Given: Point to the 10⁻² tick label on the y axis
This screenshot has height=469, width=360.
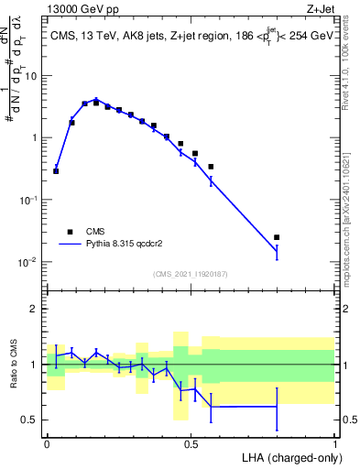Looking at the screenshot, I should pyautogui.click(x=28, y=262).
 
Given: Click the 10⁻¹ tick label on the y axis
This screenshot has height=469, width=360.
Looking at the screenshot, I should pyautogui.click(x=28, y=200).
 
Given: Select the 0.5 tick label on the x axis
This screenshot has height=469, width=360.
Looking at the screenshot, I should pyautogui.click(x=191, y=442).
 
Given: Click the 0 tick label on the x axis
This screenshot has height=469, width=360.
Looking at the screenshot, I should pyautogui.click(x=47, y=442).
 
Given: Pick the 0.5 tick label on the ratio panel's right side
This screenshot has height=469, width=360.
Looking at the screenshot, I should pyautogui.click(x=347, y=420).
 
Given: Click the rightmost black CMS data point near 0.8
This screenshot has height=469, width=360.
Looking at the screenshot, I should pyautogui.click(x=277, y=237).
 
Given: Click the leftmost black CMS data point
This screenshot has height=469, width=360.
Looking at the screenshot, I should pyautogui.click(x=57, y=171).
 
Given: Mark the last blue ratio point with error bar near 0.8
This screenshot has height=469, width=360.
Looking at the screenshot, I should pyautogui.click(x=277, y=407).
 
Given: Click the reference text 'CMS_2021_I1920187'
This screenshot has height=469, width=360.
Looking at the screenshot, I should pyautogui.click(x=191, y=273).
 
